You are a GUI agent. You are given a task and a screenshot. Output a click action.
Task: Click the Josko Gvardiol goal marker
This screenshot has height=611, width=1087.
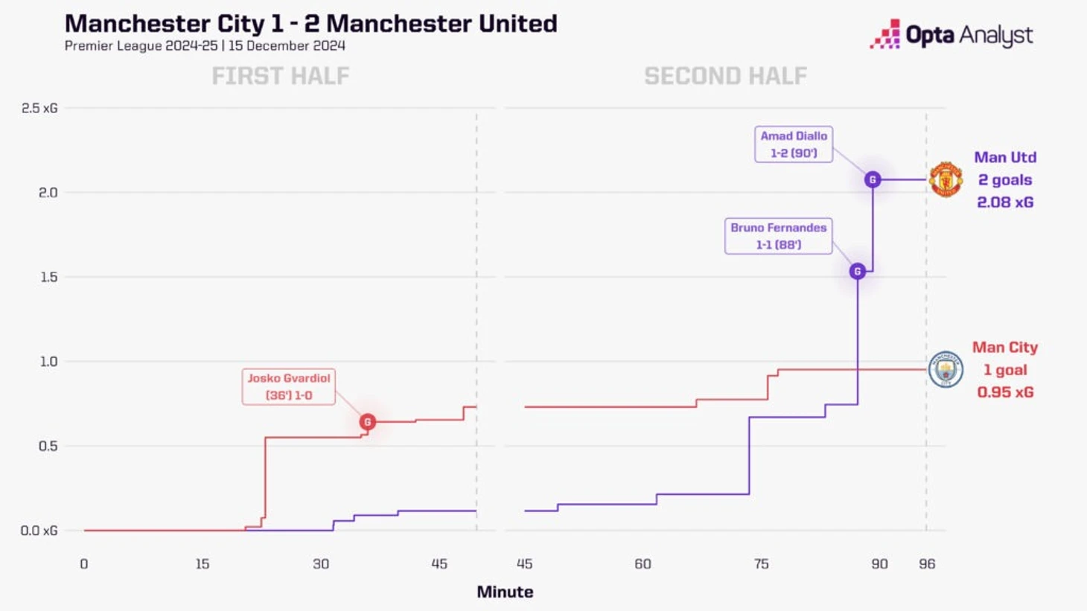tap(367, 422)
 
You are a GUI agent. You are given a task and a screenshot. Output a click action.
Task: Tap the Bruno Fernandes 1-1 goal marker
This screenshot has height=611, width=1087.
tap(857, 272)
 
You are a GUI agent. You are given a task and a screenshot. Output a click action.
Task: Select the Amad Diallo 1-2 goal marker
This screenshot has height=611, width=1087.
tap(873, 179)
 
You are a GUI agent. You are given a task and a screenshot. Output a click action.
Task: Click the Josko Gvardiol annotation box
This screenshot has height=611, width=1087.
tap(289, 387)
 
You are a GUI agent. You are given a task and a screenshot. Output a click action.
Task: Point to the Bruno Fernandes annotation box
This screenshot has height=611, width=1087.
tap(778, 236)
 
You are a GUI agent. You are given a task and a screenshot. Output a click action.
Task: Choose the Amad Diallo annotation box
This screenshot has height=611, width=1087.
tap(794, 144)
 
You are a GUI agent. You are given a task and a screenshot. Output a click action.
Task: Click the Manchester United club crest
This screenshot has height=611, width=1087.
tap(946, 179)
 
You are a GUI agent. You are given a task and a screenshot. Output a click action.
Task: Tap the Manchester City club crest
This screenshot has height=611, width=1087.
tap(946, 369)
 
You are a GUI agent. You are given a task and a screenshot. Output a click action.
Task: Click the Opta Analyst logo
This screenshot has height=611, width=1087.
tap(951, 35)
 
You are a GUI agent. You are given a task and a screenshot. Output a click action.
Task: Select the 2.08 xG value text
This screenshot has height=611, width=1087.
tap(1005, 202)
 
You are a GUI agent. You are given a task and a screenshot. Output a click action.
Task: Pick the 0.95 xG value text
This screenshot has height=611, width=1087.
tap(1005, 392)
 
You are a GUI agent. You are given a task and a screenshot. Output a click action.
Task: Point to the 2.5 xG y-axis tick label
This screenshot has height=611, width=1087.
tap(39, 109)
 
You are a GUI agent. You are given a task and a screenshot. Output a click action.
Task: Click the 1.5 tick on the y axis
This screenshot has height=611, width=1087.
tap(48, 277)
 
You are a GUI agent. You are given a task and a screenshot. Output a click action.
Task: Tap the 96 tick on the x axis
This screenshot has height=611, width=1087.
tap(927, 564)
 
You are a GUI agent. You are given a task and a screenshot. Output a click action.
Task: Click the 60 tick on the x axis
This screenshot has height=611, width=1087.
tap(643, 564)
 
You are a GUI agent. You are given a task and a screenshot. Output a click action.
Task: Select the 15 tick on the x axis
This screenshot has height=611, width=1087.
tap(203, 564)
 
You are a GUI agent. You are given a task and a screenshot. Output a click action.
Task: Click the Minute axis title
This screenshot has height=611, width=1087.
tap(505, 592)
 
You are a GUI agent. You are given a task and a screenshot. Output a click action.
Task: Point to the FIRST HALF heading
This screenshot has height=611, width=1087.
tap(281, 76)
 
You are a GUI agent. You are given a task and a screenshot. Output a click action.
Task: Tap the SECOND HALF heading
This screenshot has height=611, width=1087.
tap(725, 76)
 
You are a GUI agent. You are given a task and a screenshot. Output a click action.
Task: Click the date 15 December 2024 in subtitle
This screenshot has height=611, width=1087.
tap(287, 46)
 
